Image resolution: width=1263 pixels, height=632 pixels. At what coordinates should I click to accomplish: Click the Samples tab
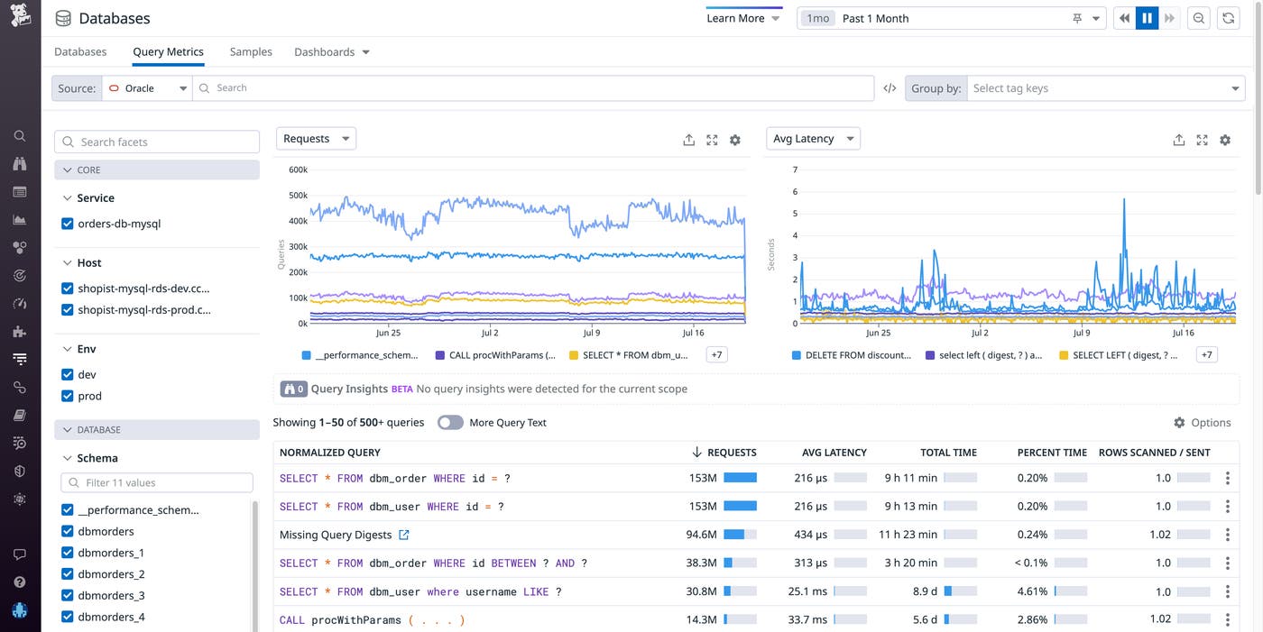(251, 52)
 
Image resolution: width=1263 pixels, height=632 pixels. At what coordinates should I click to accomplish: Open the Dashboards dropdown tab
(331, 52)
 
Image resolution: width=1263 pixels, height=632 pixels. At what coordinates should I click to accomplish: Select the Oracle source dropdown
(147, 88)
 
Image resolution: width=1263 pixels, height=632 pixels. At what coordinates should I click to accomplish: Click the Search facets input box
(158, 142)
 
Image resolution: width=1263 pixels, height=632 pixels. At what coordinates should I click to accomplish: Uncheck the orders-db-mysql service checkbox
(68, 224)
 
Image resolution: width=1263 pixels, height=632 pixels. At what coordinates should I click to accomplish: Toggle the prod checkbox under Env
(68, 396)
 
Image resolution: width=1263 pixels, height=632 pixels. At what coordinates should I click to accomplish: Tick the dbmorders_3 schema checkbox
(68, 596)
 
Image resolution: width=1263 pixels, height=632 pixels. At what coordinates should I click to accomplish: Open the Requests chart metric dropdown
(316, 139)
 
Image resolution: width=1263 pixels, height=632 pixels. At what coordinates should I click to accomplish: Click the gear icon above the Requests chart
(735, 140)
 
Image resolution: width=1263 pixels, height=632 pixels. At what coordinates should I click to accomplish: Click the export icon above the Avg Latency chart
(1178, 140)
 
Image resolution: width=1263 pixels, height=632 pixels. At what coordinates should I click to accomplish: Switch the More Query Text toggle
(450, 423)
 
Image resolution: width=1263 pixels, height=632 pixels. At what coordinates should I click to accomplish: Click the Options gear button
(1202, 423)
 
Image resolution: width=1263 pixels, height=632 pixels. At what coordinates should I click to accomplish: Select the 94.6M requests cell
(701, 535)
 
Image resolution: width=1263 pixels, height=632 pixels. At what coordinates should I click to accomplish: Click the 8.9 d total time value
(925, 591)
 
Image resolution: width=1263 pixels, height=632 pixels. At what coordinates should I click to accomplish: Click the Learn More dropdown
(743, 18)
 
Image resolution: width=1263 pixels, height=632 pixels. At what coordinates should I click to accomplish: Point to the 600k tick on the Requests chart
(298, 169)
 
